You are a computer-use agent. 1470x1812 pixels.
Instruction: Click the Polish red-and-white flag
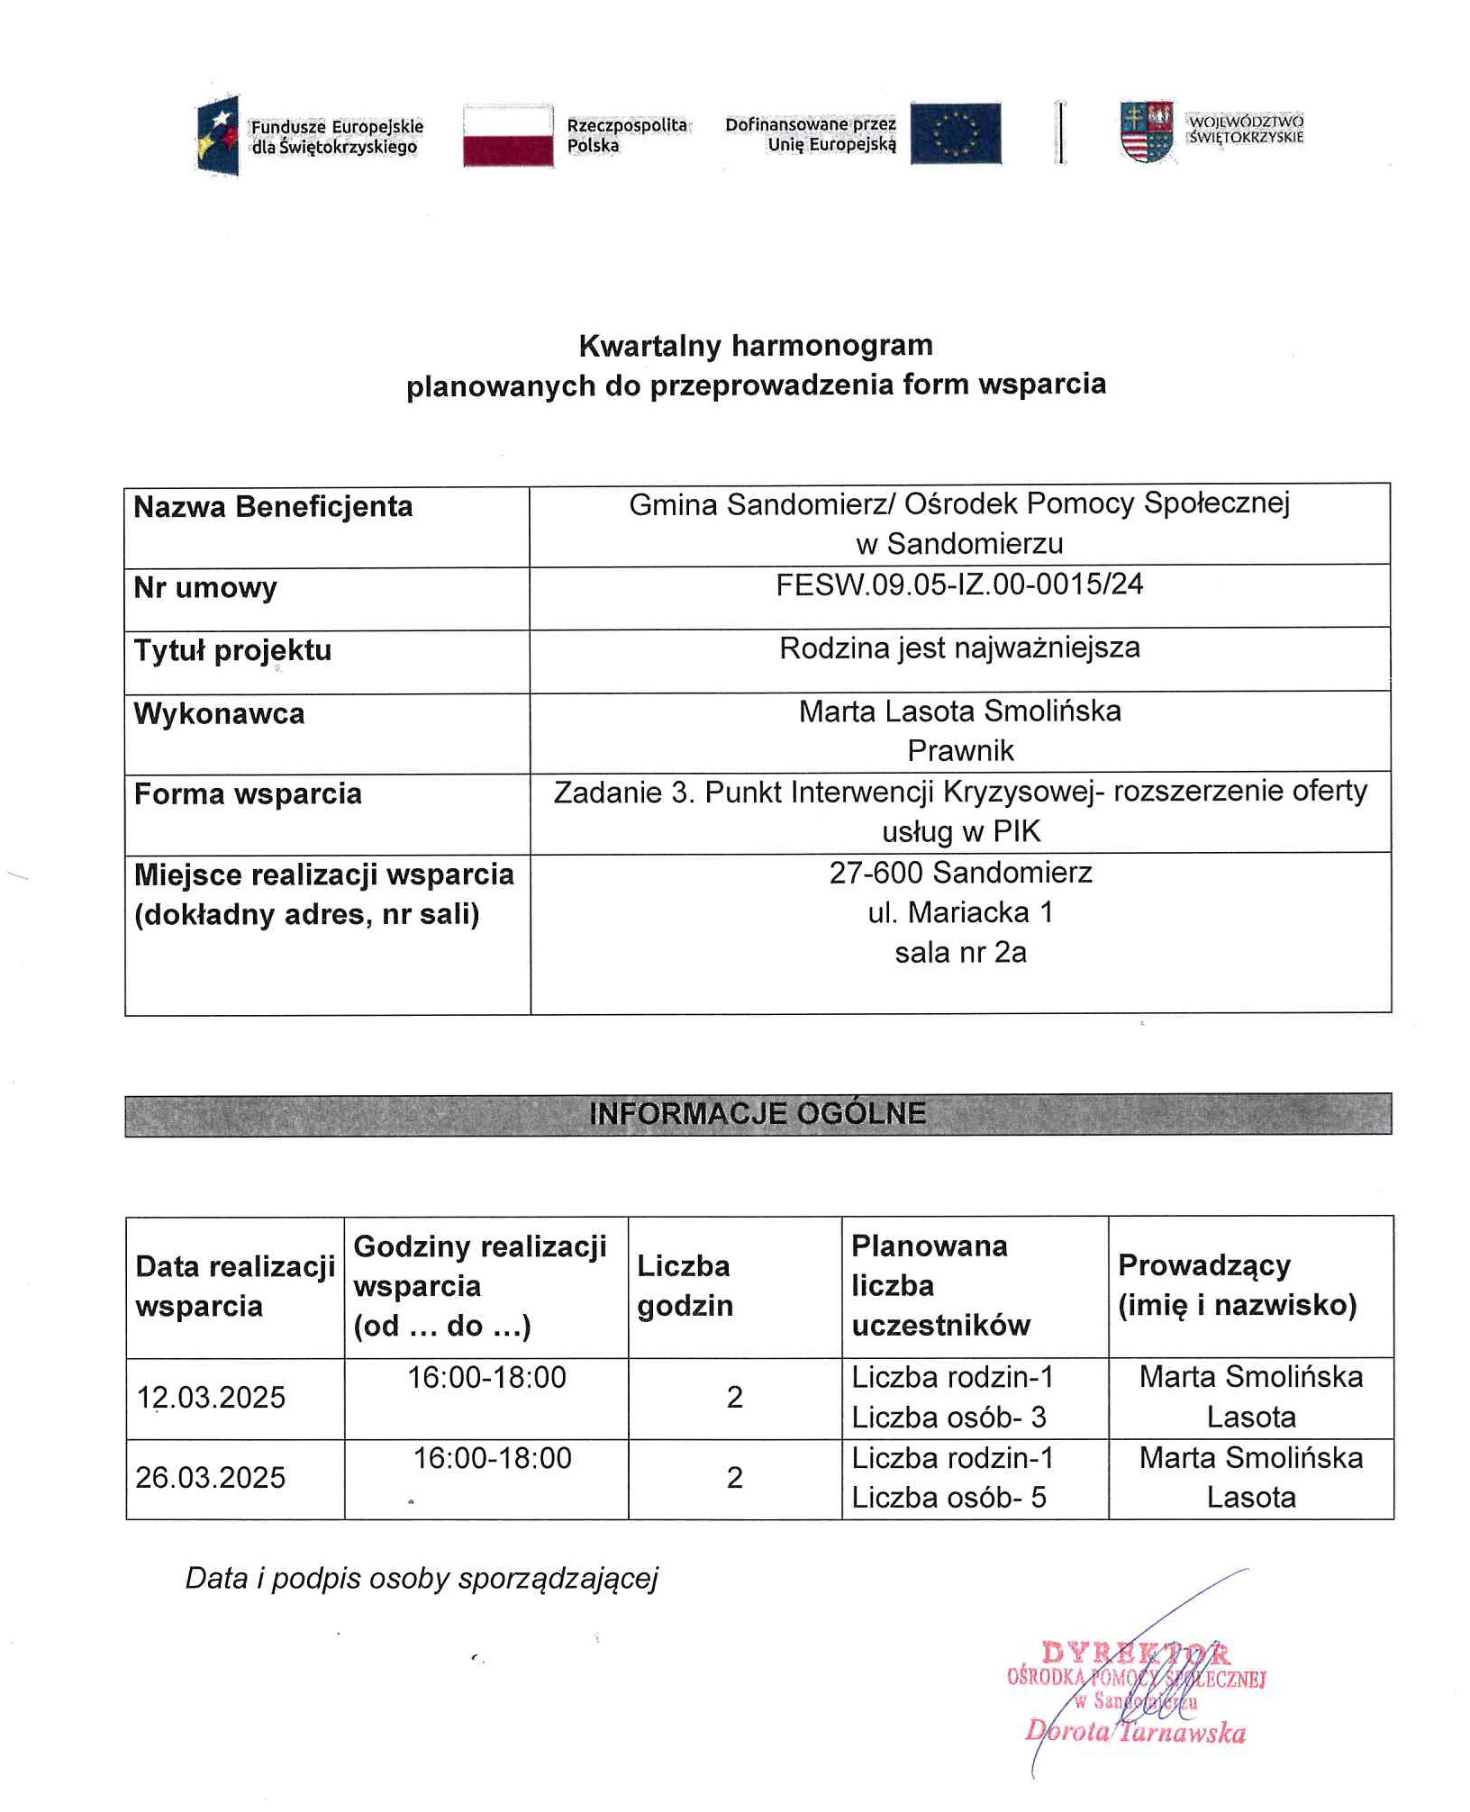pyautogui.click(x=508, y=136)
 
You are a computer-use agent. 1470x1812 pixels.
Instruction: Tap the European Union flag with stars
pyautogui.click(x=955, y=134)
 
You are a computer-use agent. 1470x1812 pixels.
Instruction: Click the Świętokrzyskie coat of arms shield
pyautogui.click(x=1146, y=132)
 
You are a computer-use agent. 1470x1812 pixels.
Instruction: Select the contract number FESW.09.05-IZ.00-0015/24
pyautogui.click(x=959, y=585)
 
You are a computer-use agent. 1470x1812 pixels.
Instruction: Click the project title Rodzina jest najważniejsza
pyautogui.click(x=959, y=648)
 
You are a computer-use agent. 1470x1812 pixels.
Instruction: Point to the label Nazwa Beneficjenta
pyautogui.click(x=273, y=507)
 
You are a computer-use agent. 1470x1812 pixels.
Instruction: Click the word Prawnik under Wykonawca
pyautogui.click(x=960, y=750)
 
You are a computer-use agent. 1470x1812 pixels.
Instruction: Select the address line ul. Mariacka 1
pyautogui.click(x=960, y=912)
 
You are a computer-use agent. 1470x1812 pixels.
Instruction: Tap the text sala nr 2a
pyautogui.click(x=960, y=953)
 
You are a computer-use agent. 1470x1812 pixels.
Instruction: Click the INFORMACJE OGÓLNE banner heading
pyautogui.click(x=758, y=1114)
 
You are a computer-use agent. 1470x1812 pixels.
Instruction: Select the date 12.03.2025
pyautogui.click(x=211, y=1398)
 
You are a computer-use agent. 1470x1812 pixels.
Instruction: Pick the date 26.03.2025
pyautogui.click(x=211, y=1478)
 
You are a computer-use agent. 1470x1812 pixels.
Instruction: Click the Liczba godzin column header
pyautogui.click(x=685, y=1286)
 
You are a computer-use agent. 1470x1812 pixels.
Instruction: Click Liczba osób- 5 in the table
pyautogui.click(x=948, y=1498)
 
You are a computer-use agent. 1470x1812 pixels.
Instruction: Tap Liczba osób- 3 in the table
pyautogui.click(x=948, y=1418)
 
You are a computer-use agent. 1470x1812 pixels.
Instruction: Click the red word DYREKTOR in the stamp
pyautogui.click(x=1135, y=1653)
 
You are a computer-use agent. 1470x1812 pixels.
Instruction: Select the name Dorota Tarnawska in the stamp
pyautogui.click(x=1135, y=1732)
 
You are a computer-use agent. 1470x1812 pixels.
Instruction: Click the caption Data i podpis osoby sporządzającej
pyautogui.click(x=422, y=1579)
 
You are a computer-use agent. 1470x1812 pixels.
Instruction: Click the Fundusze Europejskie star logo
pyautogui.click(x=218, y=136)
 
